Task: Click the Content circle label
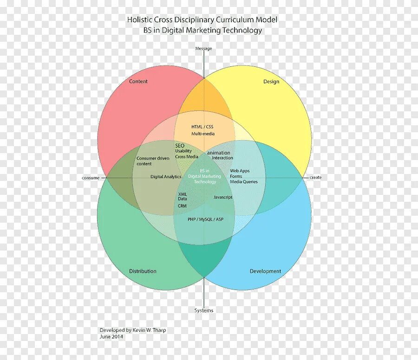click(x=138, y=81)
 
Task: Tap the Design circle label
click(x=271, y=82)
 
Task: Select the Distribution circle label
click(x=143, y=271)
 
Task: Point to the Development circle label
click(x=265, y=271)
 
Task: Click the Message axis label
click(x=203, y=49)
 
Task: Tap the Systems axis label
click(x=203, y=310)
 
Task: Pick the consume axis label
click(x=91, y=178)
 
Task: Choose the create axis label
click(x=315, y=178)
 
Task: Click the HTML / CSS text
click(x=202, y=127)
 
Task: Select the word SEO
click(x=180, y=145)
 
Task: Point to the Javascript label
click(x=223, y=197)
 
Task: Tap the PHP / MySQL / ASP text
click(x=205, y=219)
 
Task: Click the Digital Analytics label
click(x=166, y=177)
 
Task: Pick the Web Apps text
click(x=240, y=171)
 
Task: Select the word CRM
click(x=182, y=206)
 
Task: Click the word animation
click(x=218, y=153)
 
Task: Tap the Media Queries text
click(x=244, y=182)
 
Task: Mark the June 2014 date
click(x=111, y=337)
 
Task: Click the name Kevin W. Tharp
click(x=149, y=330)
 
